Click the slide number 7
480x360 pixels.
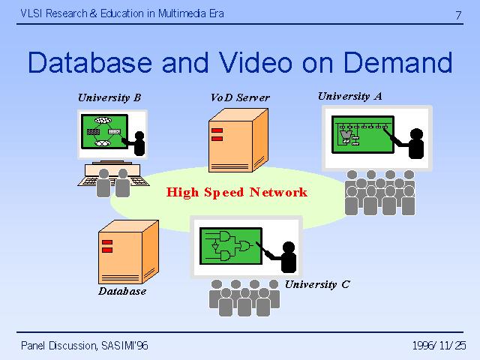coord(458,15)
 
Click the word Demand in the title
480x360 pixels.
coord(398,63)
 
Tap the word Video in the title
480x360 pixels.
coord(256,62)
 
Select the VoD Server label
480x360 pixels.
coord(240,97)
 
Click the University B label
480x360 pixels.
coord(109,97)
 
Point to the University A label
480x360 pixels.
coord(350,97)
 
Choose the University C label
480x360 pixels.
coord(317,284)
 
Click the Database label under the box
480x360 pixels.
coord(122,291)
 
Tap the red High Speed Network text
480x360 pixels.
coord(237,192)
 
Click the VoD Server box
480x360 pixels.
coord(238,140)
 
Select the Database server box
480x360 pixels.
coord(128,252)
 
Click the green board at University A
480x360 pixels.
coord(363,134)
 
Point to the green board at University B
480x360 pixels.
coord(104,132)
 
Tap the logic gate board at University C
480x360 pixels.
coord(231,246)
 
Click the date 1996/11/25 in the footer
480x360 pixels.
coord(439,346)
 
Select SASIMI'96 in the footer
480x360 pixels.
coord(124,346)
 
